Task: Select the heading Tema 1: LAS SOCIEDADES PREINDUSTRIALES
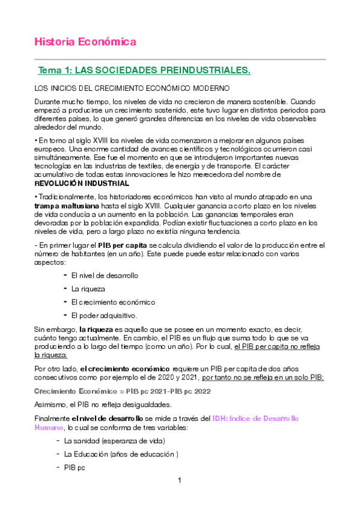click(x=144, y=71)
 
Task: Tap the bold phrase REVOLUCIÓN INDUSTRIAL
click(x=82, y=183)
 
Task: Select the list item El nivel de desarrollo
click(x=105, y=275)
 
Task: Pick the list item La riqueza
click(x=87, y=289)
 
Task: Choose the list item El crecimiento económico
click(x=113, y=302)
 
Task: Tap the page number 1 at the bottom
click(x=180, y=481)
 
